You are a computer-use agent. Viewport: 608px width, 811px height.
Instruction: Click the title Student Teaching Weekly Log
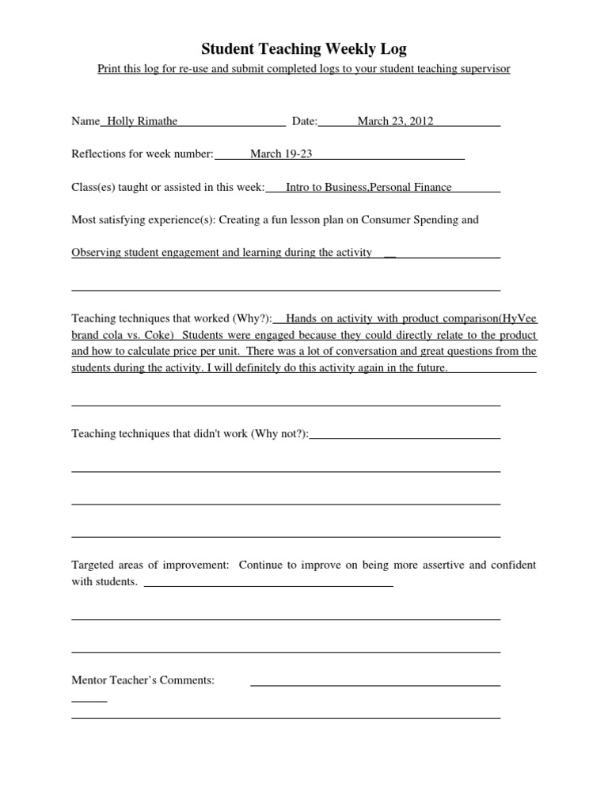304,49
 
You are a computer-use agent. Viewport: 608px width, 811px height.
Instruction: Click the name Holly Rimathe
142,121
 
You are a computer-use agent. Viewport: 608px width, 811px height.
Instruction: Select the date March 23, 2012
395,121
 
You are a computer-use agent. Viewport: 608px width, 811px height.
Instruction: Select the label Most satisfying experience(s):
143,219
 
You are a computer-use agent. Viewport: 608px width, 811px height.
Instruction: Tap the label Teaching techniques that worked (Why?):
172,318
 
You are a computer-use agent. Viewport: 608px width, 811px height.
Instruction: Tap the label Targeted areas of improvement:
150,565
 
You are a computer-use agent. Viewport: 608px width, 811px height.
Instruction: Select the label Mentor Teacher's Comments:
142,680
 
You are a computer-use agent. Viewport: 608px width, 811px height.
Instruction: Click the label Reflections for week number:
142,154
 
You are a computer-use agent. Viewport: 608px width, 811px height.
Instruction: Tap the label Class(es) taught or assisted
150,187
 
